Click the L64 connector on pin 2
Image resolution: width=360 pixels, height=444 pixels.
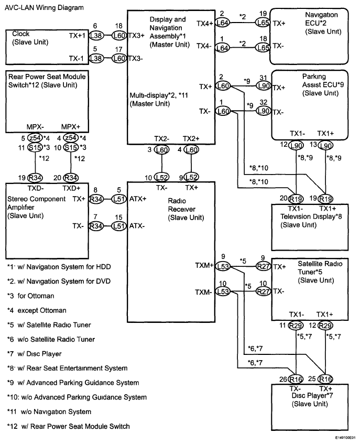(222, 23)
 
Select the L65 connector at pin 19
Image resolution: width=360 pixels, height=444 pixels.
(262, 23)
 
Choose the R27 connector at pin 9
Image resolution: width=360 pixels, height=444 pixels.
(262, 266)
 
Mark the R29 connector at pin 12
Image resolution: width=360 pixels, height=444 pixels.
(325, 326)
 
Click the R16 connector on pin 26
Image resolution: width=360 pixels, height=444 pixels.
(297, 379)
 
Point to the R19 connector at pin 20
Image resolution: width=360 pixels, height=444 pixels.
(297, 199)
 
